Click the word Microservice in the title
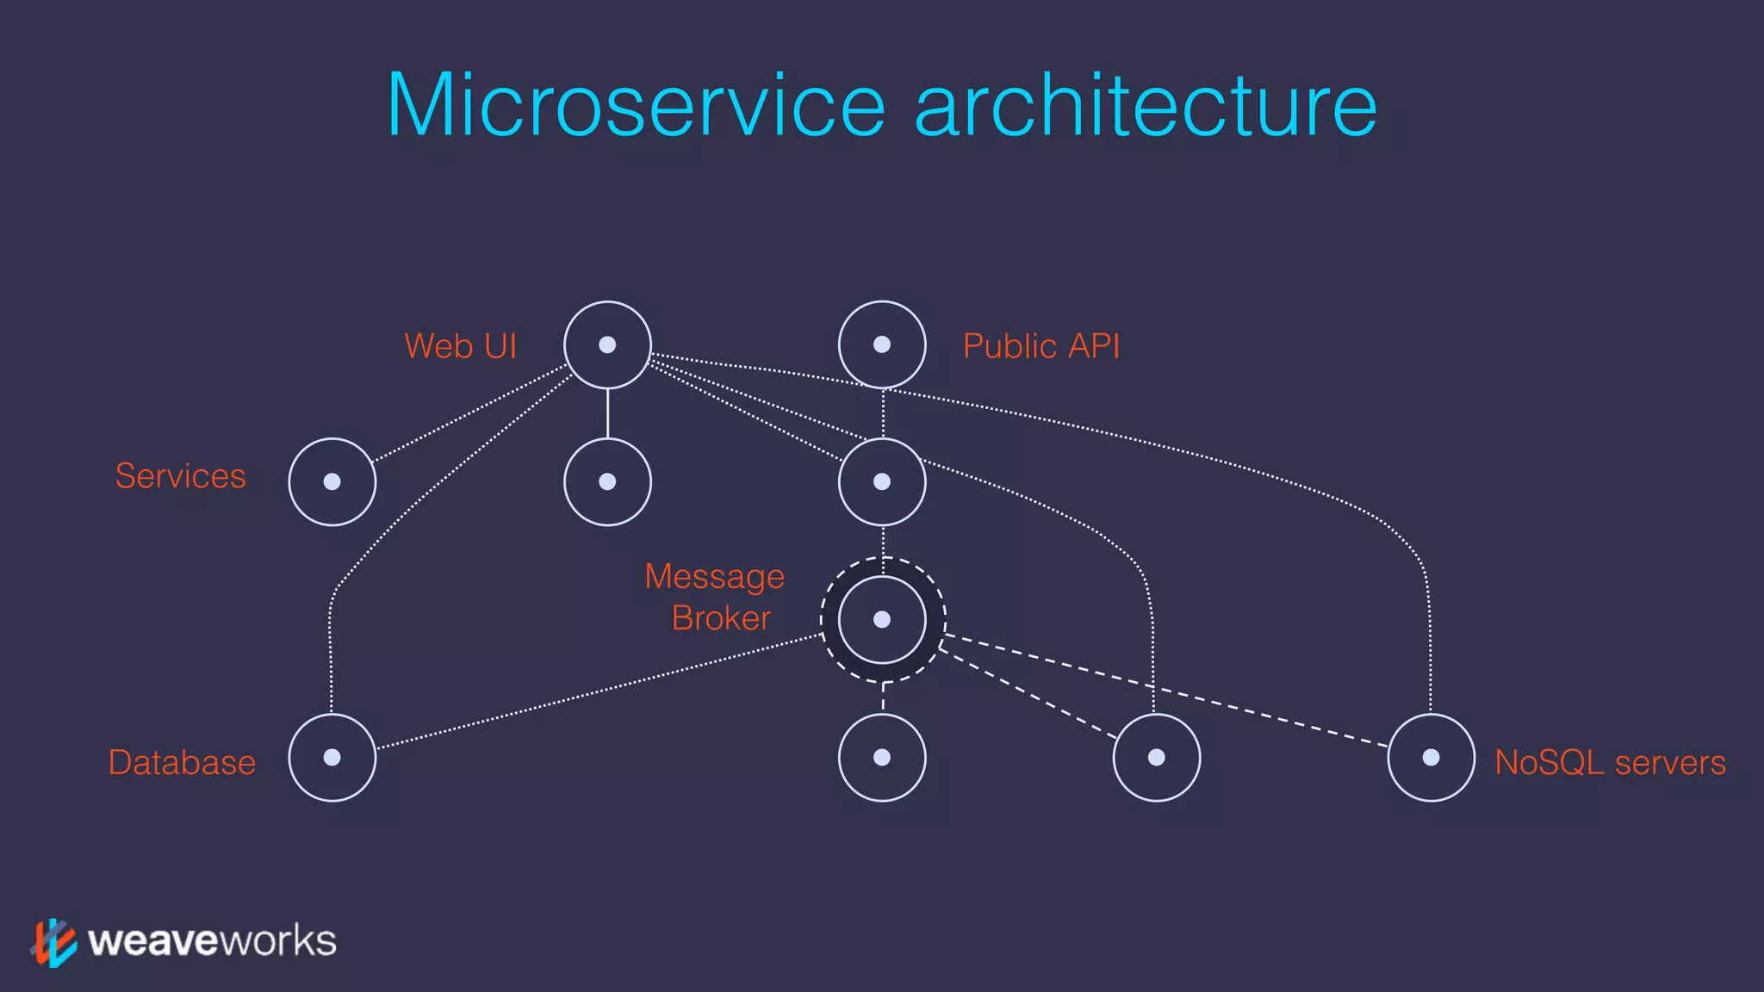[x=636, y=105]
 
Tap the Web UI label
[x=460, y=346]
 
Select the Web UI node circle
[x=607, y=344]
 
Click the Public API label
[x=1040, y=346]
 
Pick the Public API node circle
[x=882, y=344]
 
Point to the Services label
[x=181, y=476]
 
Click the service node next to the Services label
[x=332, y=482]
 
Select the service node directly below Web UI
[x=607, y=482]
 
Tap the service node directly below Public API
[x=882, y=482]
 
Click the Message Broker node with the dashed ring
[x=882, y=620]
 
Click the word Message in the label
[x=714, y=577]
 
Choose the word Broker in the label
[x=721, y=618]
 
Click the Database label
[x=182, y=763]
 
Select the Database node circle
[x=332, y=758]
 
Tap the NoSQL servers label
[x=1609, y=763]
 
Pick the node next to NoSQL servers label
[x=1431, y=758]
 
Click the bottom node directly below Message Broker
[x=882, y=758]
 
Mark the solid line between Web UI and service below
[x=607, y=413]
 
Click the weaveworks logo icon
[x=53, y=942]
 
